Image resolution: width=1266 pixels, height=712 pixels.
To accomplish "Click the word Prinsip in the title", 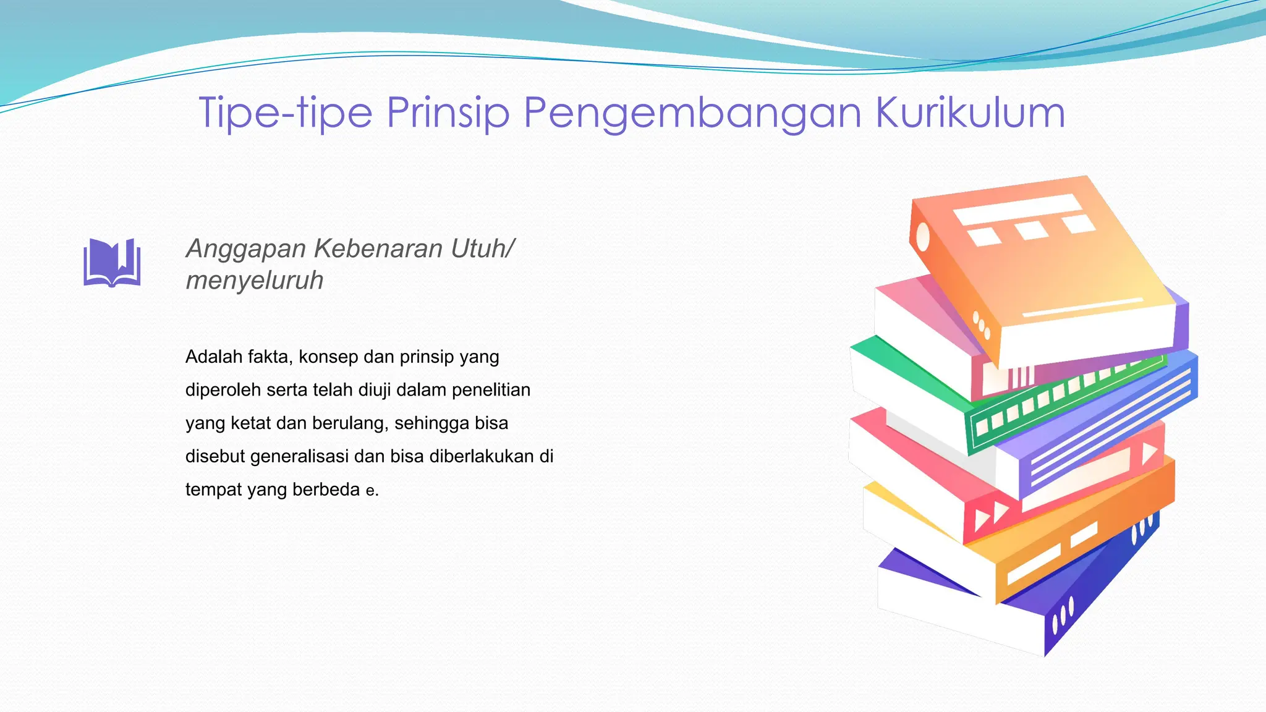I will (x=448, y=113).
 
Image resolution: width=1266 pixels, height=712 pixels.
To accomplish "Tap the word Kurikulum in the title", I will (x=971, y=113).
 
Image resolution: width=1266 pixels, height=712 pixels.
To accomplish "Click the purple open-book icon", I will (x=112, y=263).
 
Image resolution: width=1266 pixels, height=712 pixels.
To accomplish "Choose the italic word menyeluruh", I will (x=254, y=281).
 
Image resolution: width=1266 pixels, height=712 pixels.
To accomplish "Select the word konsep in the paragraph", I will (x=328, y=357).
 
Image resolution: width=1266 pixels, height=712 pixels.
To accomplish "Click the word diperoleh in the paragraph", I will (x=223, y=390).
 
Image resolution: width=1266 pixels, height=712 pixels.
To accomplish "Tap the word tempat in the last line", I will (x=213, y=490).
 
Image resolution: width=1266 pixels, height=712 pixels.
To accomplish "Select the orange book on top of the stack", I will (x=1051, y=266).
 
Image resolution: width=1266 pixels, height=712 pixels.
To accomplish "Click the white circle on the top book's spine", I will (x=922, y=237).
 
